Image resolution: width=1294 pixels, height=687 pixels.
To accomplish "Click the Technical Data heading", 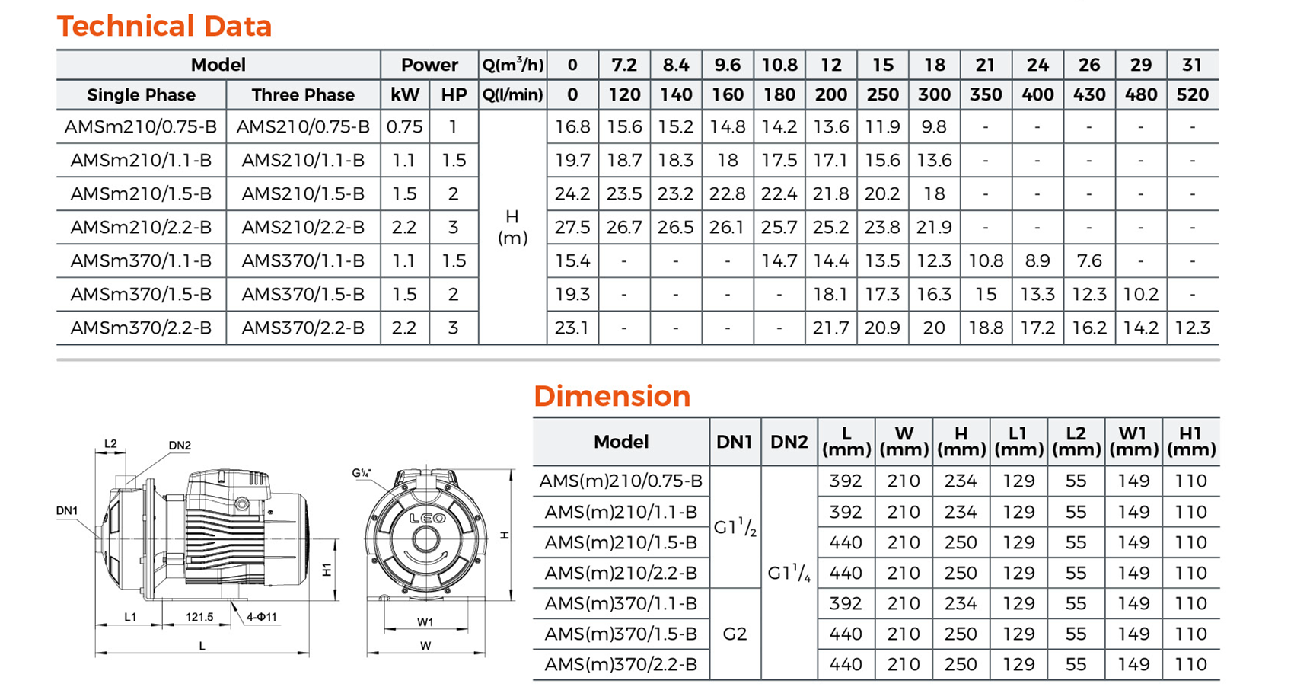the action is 164,26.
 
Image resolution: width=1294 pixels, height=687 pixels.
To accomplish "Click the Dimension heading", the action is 612,396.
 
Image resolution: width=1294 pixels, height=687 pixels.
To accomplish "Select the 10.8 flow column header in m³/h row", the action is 779,65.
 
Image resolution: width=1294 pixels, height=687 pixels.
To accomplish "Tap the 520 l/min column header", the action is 1192,94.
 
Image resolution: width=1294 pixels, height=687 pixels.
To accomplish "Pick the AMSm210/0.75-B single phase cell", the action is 140,126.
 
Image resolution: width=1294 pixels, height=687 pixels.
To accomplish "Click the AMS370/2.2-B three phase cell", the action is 303,328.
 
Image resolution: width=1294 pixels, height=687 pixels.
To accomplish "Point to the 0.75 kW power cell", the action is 404,126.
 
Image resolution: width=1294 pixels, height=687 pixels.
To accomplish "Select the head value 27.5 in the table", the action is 572,227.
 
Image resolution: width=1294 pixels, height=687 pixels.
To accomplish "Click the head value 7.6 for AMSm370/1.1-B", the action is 1089,260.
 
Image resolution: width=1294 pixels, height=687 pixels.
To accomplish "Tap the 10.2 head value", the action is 1140,294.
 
